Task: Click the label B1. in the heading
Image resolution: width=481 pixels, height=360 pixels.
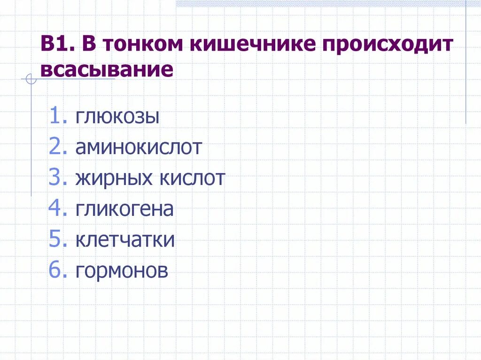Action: (x=57, y=46)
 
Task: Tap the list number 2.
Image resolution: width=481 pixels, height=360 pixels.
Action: (x=56, y=147)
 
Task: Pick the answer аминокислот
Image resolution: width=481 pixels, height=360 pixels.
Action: (x=139, y=147)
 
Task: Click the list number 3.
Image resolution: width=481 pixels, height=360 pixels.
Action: (x=56, y=178)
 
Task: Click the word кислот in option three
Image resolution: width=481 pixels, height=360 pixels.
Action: (x=194, y=178)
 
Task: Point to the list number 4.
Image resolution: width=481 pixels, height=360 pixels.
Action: (x=56, y=209)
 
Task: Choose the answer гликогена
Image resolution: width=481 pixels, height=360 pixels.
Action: (x=124, y=209)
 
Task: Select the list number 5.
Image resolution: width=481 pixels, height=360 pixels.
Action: (x=56, y=240)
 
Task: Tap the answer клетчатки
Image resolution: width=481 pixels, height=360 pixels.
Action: (x=125, y=240)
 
